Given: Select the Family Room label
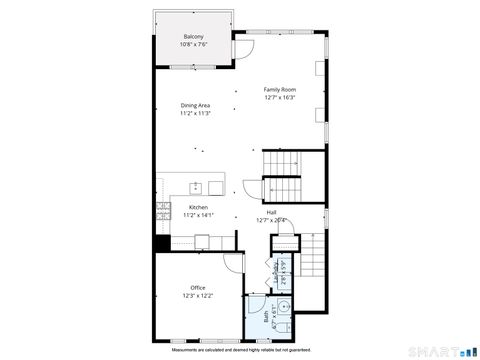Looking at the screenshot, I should [x=280, y=89].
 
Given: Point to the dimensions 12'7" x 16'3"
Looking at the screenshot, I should [x=280, y=98].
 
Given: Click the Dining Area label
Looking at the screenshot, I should [x=195, y=105].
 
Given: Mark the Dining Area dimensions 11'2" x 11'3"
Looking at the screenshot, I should [x=195, y=114].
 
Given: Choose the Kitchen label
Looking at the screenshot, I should [x=198, y=207].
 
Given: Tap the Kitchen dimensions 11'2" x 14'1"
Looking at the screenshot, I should [x=198, y=215].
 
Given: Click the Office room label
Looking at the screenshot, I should [x=197, y=288].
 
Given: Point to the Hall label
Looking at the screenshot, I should [x=271, y=212].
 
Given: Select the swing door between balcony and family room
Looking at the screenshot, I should [x=243, y=47].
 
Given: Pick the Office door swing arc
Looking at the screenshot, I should [x=233, y=262].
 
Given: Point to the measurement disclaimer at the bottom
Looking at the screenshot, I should [x=240, y=350].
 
